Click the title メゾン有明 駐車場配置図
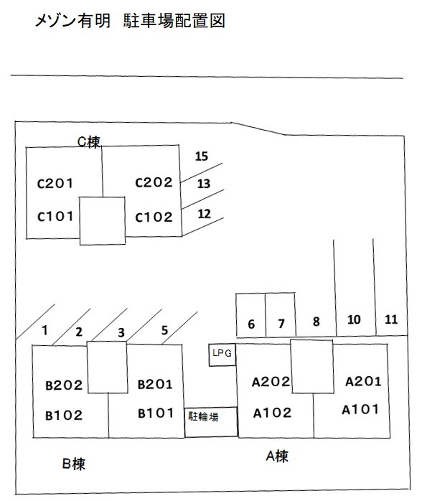(x=130, y=21)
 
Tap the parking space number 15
(x=202, y=156)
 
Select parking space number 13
(x=204, y=184)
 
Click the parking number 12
(x=204, y=214)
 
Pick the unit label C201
(x=55, y=184)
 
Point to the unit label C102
(x=154, y=217)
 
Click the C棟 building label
(x=89, y=142)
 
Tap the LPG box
(x=222, y=355)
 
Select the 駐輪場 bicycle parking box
(x=211, y=422)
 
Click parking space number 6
(x=251, y=324)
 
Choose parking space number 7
(x=281, y=324)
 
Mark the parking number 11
(x=391, y=319)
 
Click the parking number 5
(x=164, y=330)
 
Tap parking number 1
(x=45, y=330)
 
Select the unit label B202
(x=64, y=385)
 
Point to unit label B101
(x=156, y=413)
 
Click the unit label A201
(x=364, y=382)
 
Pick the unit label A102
(x=273, y=413)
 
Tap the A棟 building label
(x=277, y=456)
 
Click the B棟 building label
(x=74, y=464)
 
